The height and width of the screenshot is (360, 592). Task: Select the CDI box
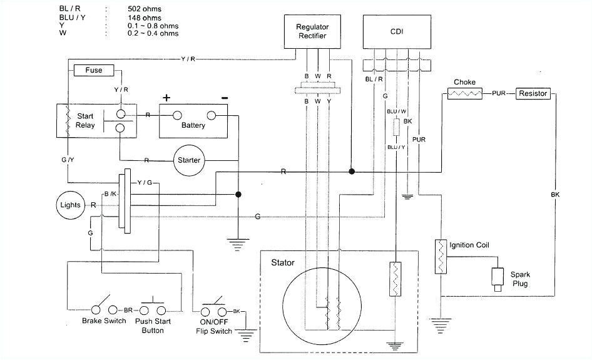pos(397,31)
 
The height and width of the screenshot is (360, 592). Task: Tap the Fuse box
pos(94,70)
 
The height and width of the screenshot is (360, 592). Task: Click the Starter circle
pos(188,160)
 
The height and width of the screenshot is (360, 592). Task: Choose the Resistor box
pos(532,93)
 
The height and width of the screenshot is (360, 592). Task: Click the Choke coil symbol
pos(464,94)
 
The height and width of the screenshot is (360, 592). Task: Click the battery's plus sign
pos(166,98)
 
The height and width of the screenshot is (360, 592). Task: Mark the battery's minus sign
pos(224,98)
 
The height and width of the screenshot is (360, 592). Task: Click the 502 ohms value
pos(143,9)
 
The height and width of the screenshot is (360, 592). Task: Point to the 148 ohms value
pos(143,18)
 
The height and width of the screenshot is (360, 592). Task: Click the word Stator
pos(283,262)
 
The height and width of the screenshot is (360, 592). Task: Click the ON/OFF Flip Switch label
pos(213,327)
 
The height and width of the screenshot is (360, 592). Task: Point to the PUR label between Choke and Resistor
pos(499,94)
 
